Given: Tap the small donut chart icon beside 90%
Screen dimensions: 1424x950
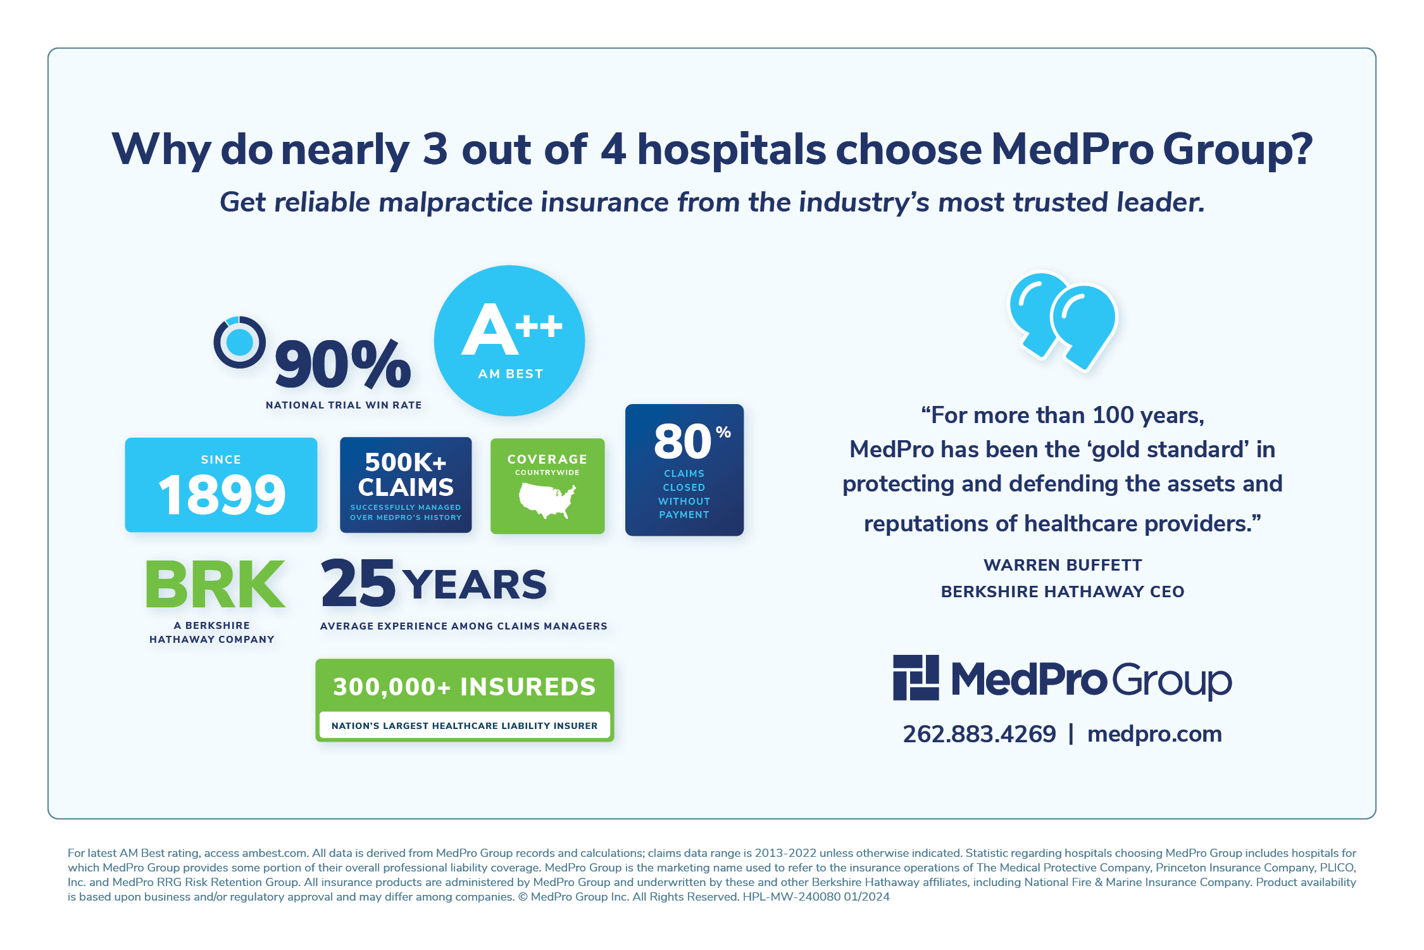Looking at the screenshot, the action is point(239,343).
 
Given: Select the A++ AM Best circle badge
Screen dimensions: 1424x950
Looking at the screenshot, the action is point(509,341).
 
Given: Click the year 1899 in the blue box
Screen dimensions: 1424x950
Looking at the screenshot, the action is point(222,495).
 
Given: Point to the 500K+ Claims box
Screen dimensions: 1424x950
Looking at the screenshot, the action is point(406,485).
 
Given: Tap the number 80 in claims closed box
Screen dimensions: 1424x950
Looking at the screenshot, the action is point(683,441).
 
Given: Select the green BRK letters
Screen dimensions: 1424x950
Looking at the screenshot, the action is point(215,584).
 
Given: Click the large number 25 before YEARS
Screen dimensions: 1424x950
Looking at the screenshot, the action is point(358,583).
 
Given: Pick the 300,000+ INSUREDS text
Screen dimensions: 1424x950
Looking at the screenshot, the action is point(465,687).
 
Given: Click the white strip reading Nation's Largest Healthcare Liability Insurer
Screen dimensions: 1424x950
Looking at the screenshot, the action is point(465,725).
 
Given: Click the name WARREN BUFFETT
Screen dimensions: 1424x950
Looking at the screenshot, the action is point(1063,565).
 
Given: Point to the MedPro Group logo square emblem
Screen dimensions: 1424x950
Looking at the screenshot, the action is point(916,678).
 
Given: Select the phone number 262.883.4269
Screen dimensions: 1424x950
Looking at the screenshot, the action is point(980,734).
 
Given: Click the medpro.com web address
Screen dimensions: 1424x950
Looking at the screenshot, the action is point(1154,735).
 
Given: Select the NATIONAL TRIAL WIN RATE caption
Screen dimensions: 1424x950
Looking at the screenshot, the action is point(344,405).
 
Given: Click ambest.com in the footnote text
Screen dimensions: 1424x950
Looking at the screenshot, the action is point(275,853).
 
